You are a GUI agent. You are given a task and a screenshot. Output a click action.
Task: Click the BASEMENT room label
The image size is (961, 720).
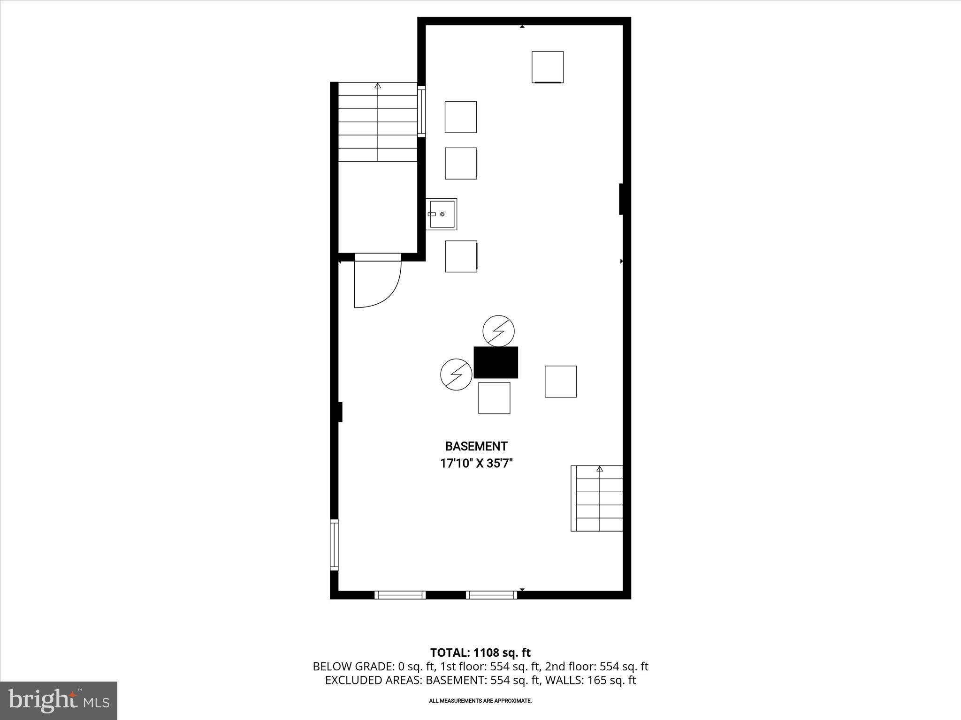pyautogui.click(x=476, y=446)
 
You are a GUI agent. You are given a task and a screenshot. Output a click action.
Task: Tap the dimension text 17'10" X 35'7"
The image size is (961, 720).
pyautogui.click(x=476, y=464)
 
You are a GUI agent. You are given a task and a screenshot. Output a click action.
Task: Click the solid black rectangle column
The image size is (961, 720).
pyautogui.click(x=496, y=362)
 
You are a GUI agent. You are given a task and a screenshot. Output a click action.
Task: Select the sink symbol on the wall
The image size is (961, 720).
pyautogui.click(x=441, y=214)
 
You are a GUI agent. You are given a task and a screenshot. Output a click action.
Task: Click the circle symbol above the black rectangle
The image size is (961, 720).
pyautogui.click(x=498, y=331)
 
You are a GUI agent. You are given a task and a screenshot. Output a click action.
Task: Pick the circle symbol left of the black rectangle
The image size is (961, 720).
pyautogui.click(x=456, y=374)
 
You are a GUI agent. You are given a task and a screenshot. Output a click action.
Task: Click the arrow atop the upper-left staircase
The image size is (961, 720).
pyautogui.click(x=378, y=86)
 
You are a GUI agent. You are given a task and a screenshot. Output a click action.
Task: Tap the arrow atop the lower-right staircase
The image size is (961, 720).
pyautogui.click(x=599, y=469)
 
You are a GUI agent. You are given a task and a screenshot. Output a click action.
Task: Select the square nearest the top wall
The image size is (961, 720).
pyautogui.click(x=547, y=67)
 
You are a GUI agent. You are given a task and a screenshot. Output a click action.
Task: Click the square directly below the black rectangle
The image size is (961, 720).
pyautogui.click(x=494, y=398)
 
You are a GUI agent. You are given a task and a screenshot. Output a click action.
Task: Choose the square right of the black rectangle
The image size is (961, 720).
pyautogui.click(x=560, y=382)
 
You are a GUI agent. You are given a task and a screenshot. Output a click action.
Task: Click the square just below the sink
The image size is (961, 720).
pyautogui.click(x=461, y=256)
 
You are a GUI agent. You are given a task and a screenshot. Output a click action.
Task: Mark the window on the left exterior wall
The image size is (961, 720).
pyautogui.click(x=334, y=545)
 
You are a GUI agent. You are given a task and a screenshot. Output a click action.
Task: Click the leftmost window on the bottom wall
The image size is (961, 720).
pyautogui.click(x=400, y=595)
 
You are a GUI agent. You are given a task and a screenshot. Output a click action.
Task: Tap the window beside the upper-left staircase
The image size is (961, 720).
pyautogui.click(x=422, y=112)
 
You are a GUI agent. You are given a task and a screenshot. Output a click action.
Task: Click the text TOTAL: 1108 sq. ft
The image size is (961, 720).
pyautogui.click(x=480, y=652)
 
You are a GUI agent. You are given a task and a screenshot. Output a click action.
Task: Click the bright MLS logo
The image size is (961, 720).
pyautogui.click(x=59, y=701)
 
